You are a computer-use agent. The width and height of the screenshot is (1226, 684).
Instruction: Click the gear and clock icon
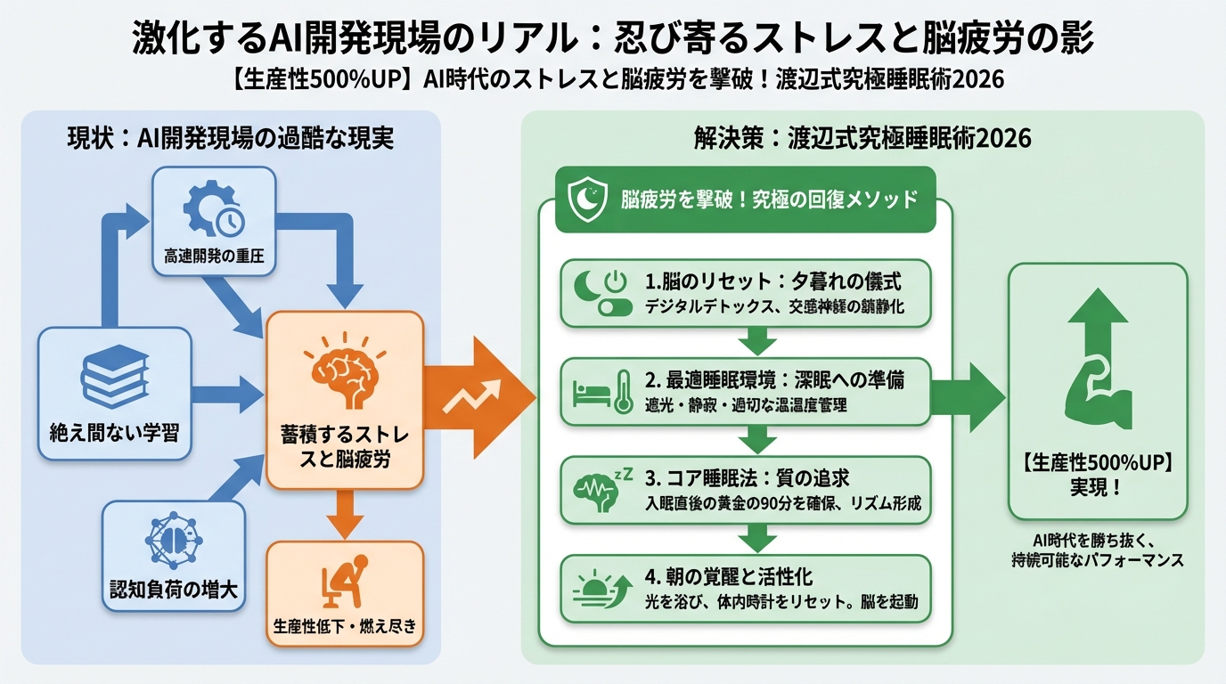click(x=214, y=208)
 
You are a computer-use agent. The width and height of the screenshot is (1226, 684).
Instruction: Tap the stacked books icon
click(x=114, y=378)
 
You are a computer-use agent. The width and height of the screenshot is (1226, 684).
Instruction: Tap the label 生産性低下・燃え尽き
click(x=344, y=625)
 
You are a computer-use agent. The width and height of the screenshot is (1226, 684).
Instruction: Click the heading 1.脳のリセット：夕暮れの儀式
click(x=772, y=282)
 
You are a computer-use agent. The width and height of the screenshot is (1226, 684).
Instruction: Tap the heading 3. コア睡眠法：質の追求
click(x=752, y=478)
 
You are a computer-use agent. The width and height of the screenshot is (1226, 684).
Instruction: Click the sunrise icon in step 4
click(x=601, y=589)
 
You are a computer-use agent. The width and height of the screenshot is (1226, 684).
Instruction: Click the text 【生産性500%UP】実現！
click(x=1097, y=476)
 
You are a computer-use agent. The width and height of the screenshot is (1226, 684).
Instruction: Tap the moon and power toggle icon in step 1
click(x=601, y=294)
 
